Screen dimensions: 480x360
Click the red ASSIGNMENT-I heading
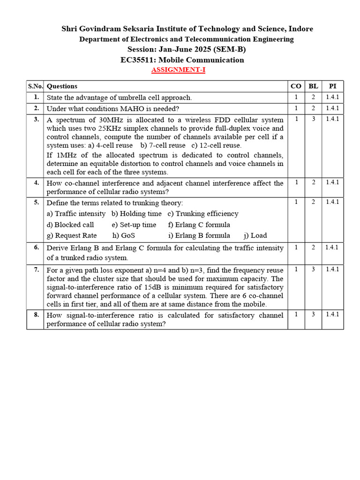pos(178,70)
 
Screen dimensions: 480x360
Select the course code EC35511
pos(139,60)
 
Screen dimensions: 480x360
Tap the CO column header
pos(296,86)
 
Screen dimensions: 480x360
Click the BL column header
pos(314,86)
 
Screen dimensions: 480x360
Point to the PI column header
pos(332,86)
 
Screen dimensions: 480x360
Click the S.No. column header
pos(35,86)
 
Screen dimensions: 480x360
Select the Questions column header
pos(62,86)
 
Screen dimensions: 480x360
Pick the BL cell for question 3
pos(314,119)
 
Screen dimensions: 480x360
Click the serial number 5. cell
pos(36,202)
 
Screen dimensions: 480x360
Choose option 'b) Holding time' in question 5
pos(136,214)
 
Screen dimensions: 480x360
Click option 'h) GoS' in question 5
pos(123,235)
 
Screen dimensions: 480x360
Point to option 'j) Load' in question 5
pos(255,235)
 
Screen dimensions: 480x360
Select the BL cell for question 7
pos(314,270)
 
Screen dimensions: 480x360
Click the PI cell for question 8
pos(332,315)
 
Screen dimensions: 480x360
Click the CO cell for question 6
pos(296,247)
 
